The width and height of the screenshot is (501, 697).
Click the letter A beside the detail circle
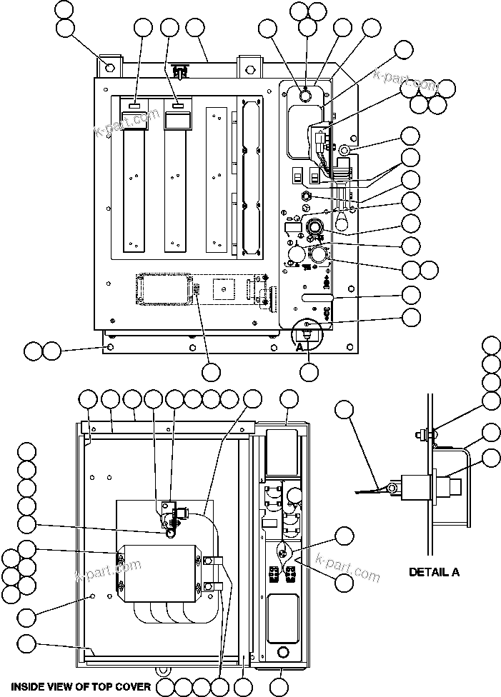(x=301, y=346)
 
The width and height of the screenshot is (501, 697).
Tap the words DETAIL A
(x=434, y=571)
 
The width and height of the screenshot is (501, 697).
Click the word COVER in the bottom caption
(x=131, y=686)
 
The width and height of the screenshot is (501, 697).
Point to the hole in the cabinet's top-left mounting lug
(x=109, y=68)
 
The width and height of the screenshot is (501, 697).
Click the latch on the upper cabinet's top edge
(x=180, y=71)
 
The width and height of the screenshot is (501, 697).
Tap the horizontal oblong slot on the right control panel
(x=317, y=295)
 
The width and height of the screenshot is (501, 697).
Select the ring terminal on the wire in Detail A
(x=391, y=488)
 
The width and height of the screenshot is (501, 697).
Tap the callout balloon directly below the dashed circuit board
(x=211, y=372)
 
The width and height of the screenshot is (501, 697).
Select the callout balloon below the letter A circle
(x=309, y=372)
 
